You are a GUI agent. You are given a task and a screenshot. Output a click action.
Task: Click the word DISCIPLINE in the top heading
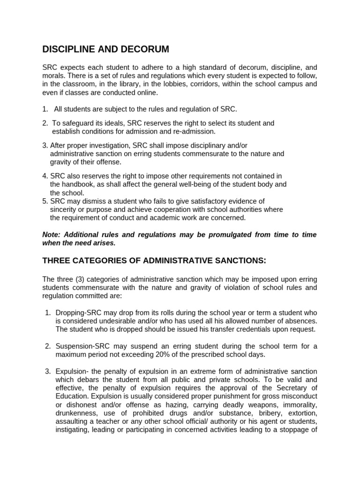click(69, 49)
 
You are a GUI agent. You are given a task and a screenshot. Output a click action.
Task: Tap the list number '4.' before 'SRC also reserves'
click(45, 176)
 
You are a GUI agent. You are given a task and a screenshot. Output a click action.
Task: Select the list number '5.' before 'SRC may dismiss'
click(45, 201)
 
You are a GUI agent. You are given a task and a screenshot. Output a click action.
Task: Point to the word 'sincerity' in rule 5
click(64, 210)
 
